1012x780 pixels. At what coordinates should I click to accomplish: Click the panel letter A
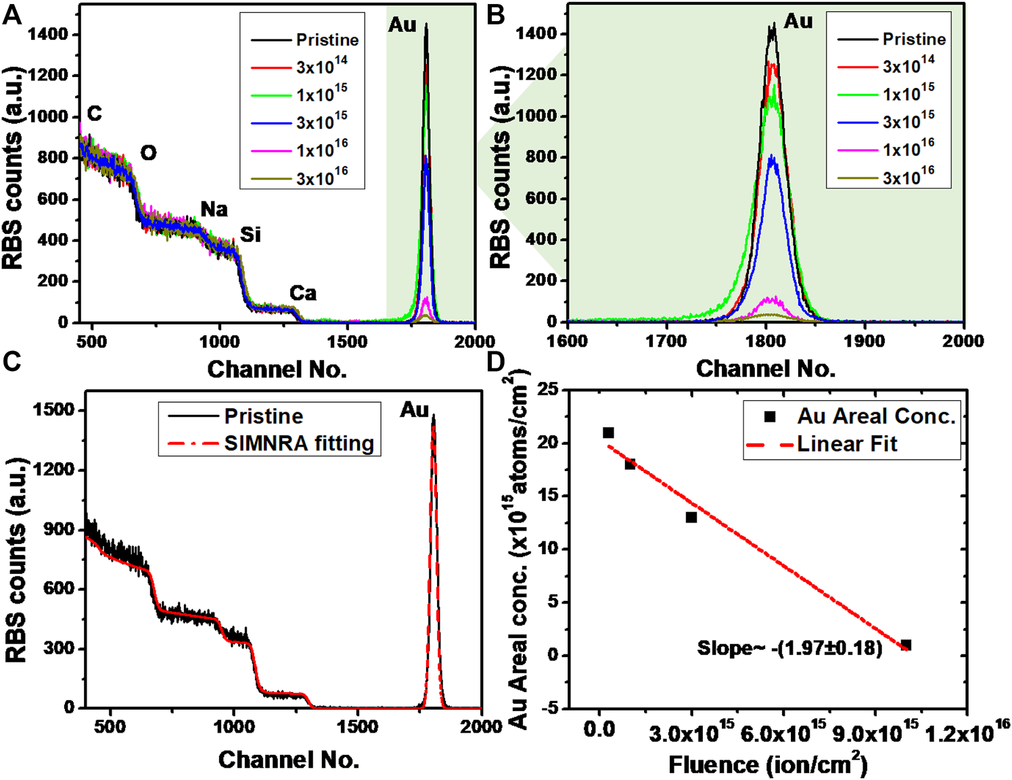(12, 14)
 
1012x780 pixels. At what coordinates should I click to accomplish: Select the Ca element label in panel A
(302, 293)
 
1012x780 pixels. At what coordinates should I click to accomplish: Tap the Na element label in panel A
(214, 209)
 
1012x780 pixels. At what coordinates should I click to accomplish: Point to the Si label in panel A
(250, 234)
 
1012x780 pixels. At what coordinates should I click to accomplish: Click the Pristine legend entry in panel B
(913, 39)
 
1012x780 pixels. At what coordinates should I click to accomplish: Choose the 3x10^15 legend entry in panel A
(321, 122)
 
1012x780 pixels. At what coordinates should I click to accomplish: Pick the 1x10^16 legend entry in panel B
(908, 149)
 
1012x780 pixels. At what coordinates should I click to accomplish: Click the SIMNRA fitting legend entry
(298, 443)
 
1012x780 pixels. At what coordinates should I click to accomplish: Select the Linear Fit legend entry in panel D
(846, 444)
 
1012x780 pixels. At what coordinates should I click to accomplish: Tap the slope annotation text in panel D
(789, 648)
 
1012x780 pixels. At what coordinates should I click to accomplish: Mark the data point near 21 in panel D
(608, 433)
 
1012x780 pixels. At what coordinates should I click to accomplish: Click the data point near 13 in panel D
(691, 517)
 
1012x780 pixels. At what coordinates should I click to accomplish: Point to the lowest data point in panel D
(906, 645)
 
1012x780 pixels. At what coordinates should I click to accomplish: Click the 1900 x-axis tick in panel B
(865, 341)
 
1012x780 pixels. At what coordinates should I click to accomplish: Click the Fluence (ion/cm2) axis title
(768, 764)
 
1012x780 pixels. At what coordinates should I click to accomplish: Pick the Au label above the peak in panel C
(414, 409)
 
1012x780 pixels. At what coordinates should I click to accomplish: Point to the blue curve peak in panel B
(773, 157)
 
